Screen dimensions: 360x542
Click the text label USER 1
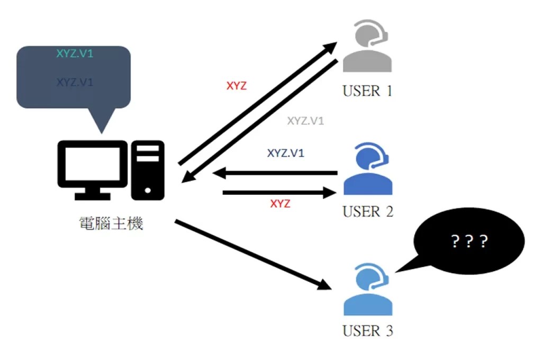367,91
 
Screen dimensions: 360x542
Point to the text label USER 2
367,212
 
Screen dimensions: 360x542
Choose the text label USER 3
367,332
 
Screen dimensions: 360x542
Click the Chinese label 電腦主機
109,223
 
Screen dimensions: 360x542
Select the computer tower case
147,169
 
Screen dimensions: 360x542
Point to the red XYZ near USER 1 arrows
236,86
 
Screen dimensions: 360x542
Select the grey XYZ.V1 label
305,121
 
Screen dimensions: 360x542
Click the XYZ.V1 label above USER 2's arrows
286,154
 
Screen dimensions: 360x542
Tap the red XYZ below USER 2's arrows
280,204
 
